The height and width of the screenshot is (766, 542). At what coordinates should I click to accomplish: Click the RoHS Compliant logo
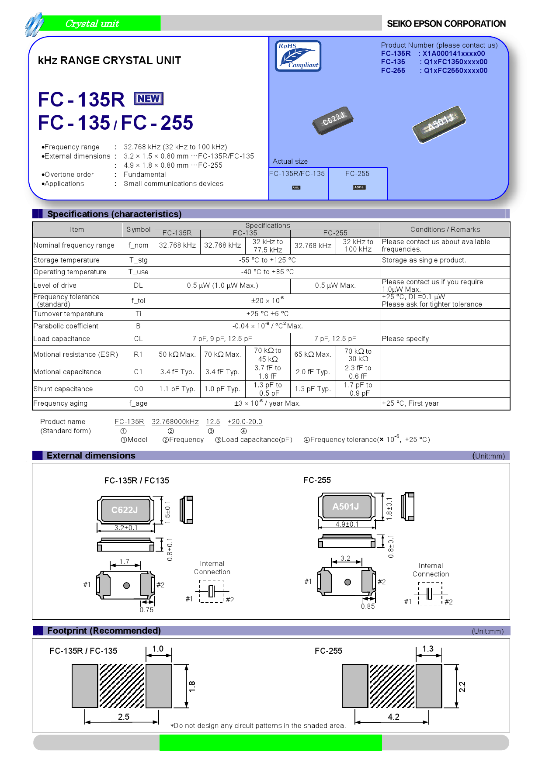298,56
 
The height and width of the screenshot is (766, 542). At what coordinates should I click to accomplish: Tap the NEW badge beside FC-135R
149,99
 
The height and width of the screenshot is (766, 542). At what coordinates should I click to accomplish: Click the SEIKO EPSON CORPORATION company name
446,24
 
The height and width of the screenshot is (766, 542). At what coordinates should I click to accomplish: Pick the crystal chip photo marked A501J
439,124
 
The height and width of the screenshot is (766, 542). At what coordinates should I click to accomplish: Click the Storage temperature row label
66,260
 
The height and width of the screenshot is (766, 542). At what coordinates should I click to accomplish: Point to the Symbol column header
139,230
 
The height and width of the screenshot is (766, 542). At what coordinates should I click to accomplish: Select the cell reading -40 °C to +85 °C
268,272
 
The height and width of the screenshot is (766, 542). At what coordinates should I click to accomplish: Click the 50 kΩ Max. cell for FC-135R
177,355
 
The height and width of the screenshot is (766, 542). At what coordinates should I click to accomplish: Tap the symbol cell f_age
139,404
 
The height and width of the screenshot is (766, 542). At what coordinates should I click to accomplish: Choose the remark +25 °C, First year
410,404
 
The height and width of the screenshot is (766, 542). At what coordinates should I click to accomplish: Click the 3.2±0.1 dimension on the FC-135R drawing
126,528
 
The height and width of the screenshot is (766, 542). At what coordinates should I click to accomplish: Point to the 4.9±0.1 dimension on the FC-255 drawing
347,524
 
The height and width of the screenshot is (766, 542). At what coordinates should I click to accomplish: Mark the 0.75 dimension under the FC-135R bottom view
146,610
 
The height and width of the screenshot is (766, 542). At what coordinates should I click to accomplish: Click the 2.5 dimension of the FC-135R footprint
124,717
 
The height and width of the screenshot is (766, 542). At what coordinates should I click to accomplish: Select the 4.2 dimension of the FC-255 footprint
393,717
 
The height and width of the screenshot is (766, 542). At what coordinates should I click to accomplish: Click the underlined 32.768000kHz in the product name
175,422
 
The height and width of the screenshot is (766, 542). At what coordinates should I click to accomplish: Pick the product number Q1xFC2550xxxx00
455,71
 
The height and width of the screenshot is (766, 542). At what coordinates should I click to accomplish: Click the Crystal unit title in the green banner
92,24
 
